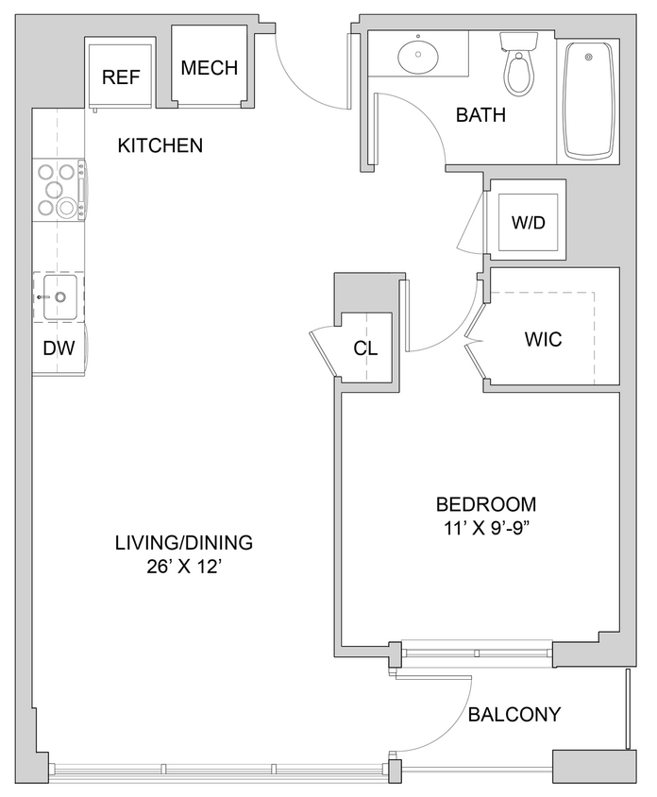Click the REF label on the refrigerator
[x=121, y=77]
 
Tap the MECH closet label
[x=209, y=69]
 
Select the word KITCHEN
[x=160, y=145]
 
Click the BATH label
[x=480, y=116]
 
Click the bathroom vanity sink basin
[x=416, y=57]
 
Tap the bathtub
[x=588, y=99]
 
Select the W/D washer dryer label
[x=529, y=223]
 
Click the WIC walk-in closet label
[x=542, y=339]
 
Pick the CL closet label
[x=365, y=348]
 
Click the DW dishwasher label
[x=59, y=348]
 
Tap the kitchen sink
[x=59, y=297]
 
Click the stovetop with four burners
[x=57, y=190]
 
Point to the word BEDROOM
[x=485, y=504]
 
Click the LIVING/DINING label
[x=183, y=543]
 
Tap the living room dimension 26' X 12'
[x=183, y=567]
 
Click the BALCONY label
[x=514, y=715]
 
